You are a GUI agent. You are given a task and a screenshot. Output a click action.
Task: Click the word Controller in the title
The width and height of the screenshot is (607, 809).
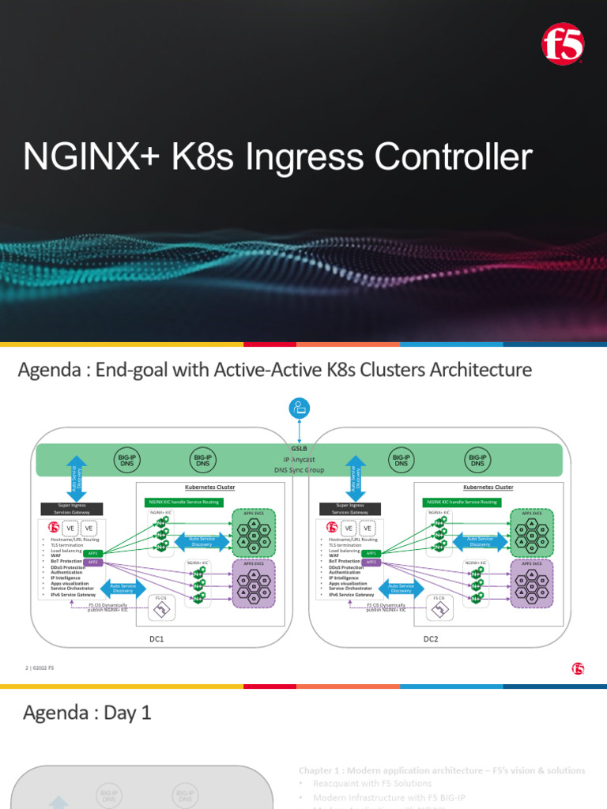pyautogui.click(x=453, y=157)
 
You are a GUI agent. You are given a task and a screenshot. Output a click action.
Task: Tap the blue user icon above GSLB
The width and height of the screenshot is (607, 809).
pyautogui.click(x=300, y=408)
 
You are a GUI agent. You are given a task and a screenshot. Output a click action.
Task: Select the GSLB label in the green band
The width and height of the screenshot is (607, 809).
pyautogui.click(x=299, y=448)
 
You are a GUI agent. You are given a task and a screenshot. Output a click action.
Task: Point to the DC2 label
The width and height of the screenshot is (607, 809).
pyautogui.click(x=431, y=638)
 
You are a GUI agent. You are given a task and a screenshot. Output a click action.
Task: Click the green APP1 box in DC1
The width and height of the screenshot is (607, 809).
pyautogui.click(x=93, y=554)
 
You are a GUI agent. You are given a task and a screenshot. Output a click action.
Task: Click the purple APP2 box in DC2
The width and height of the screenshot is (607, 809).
pyautogui.click(x=371, y=563)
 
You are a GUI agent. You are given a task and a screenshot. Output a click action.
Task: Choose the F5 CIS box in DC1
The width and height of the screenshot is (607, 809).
pyautogui.click(x=161, y=608)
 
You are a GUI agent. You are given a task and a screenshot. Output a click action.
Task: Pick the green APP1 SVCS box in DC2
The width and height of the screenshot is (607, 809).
pyautogui.click(x=531, y=533)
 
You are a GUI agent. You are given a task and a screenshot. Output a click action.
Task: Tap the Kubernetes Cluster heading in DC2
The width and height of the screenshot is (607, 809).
pyautogui.click(x=488, y=487)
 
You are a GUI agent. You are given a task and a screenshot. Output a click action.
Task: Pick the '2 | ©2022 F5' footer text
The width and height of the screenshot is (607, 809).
pyautogui.click(x=40, y=668)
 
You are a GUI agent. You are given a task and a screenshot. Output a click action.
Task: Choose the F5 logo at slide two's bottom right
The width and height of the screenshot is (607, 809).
pyautogui.click(x=578, y=668)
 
